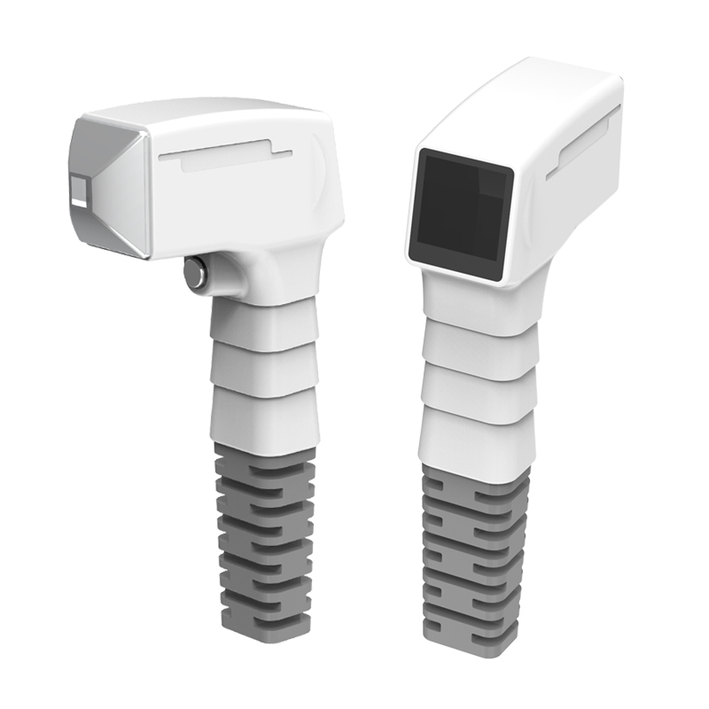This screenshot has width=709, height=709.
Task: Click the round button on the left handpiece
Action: coord(195,273)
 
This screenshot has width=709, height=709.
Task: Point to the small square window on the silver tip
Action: coord(80,189)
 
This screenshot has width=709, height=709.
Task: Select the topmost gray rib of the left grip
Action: coord(264,457)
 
